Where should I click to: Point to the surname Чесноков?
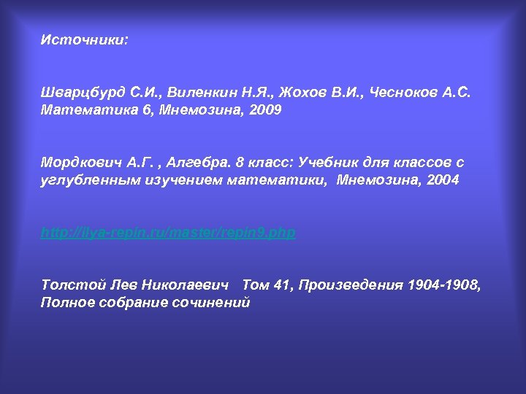(404, 93)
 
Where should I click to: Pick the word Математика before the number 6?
(81, 111)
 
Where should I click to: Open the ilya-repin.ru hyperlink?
(168, 233)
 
